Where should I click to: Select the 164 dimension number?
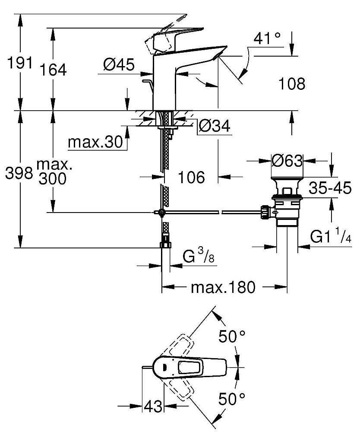[x=54, y=70]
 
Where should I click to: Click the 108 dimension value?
[x=291, y=83]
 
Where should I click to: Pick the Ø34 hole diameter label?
[x=214, y=127]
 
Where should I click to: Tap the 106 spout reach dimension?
[x=192, y=177]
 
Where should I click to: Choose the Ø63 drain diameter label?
[x=287, y=161]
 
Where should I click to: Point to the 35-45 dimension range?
[x=330, y=188]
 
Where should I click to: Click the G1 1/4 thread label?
[x=330, y=237]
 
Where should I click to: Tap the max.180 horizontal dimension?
[x=224, y=287]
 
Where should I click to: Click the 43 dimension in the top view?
[x=153, y=406]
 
